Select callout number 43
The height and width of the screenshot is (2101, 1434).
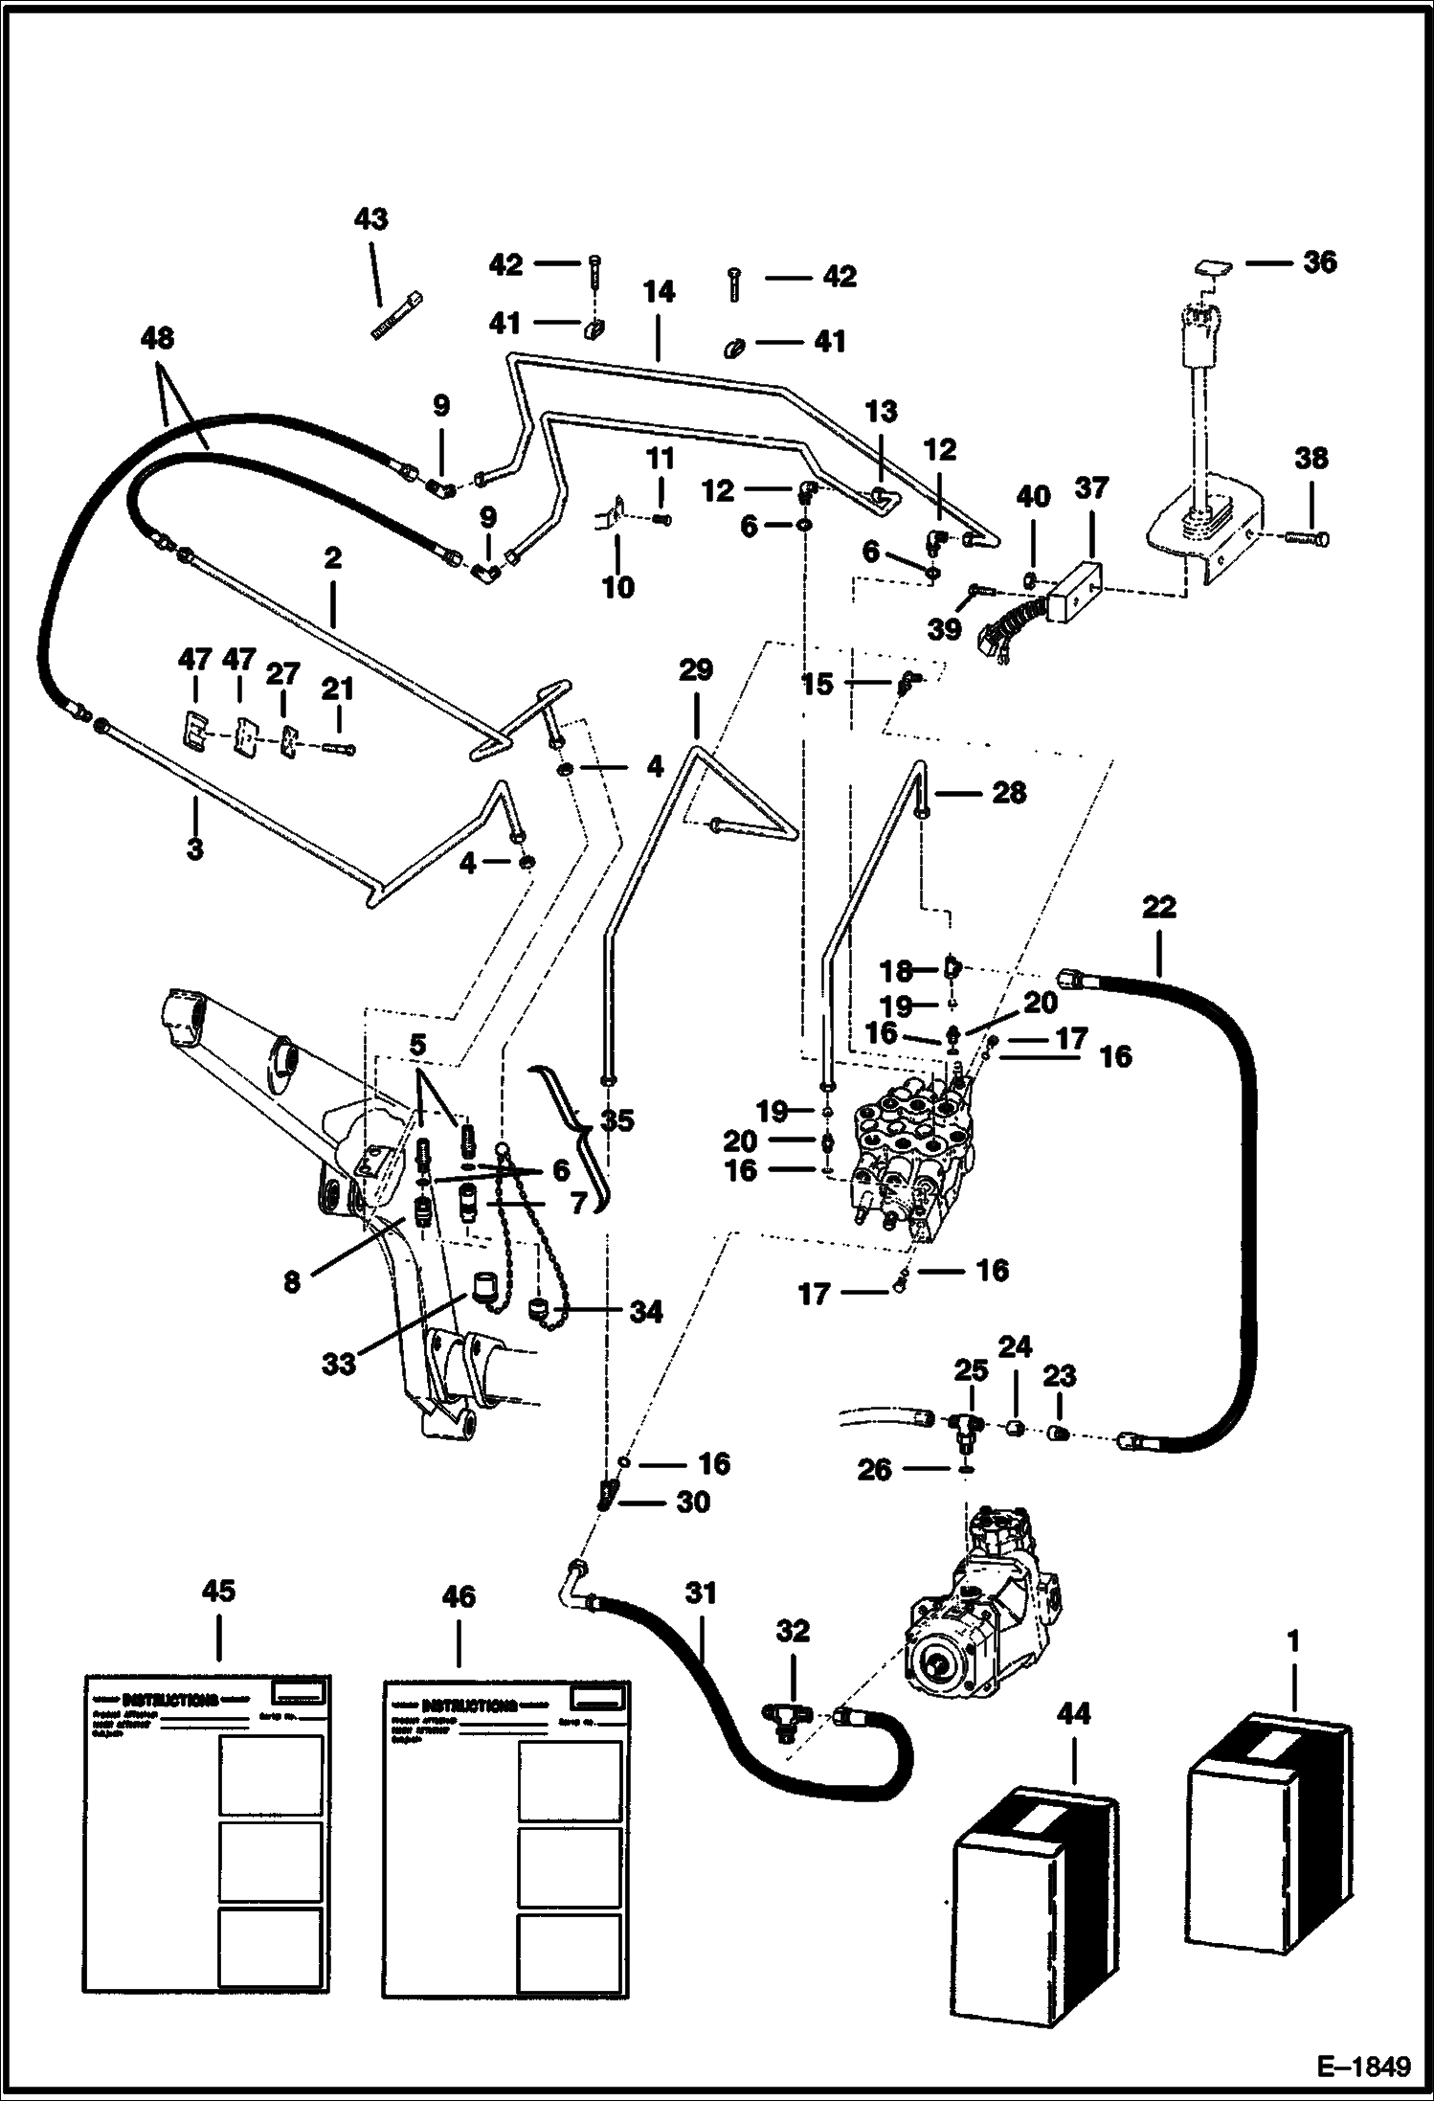tap(370, 219)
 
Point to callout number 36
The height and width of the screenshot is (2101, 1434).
tap(1319, 261)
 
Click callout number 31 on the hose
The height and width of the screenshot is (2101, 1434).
tap(700, 1593)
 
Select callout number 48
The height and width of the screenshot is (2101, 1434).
tap(158, 338)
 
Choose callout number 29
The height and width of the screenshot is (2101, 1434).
tap(695, 669)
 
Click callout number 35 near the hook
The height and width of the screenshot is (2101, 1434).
tap(617, 1119)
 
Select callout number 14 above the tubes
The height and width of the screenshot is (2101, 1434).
tap(659, 292)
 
